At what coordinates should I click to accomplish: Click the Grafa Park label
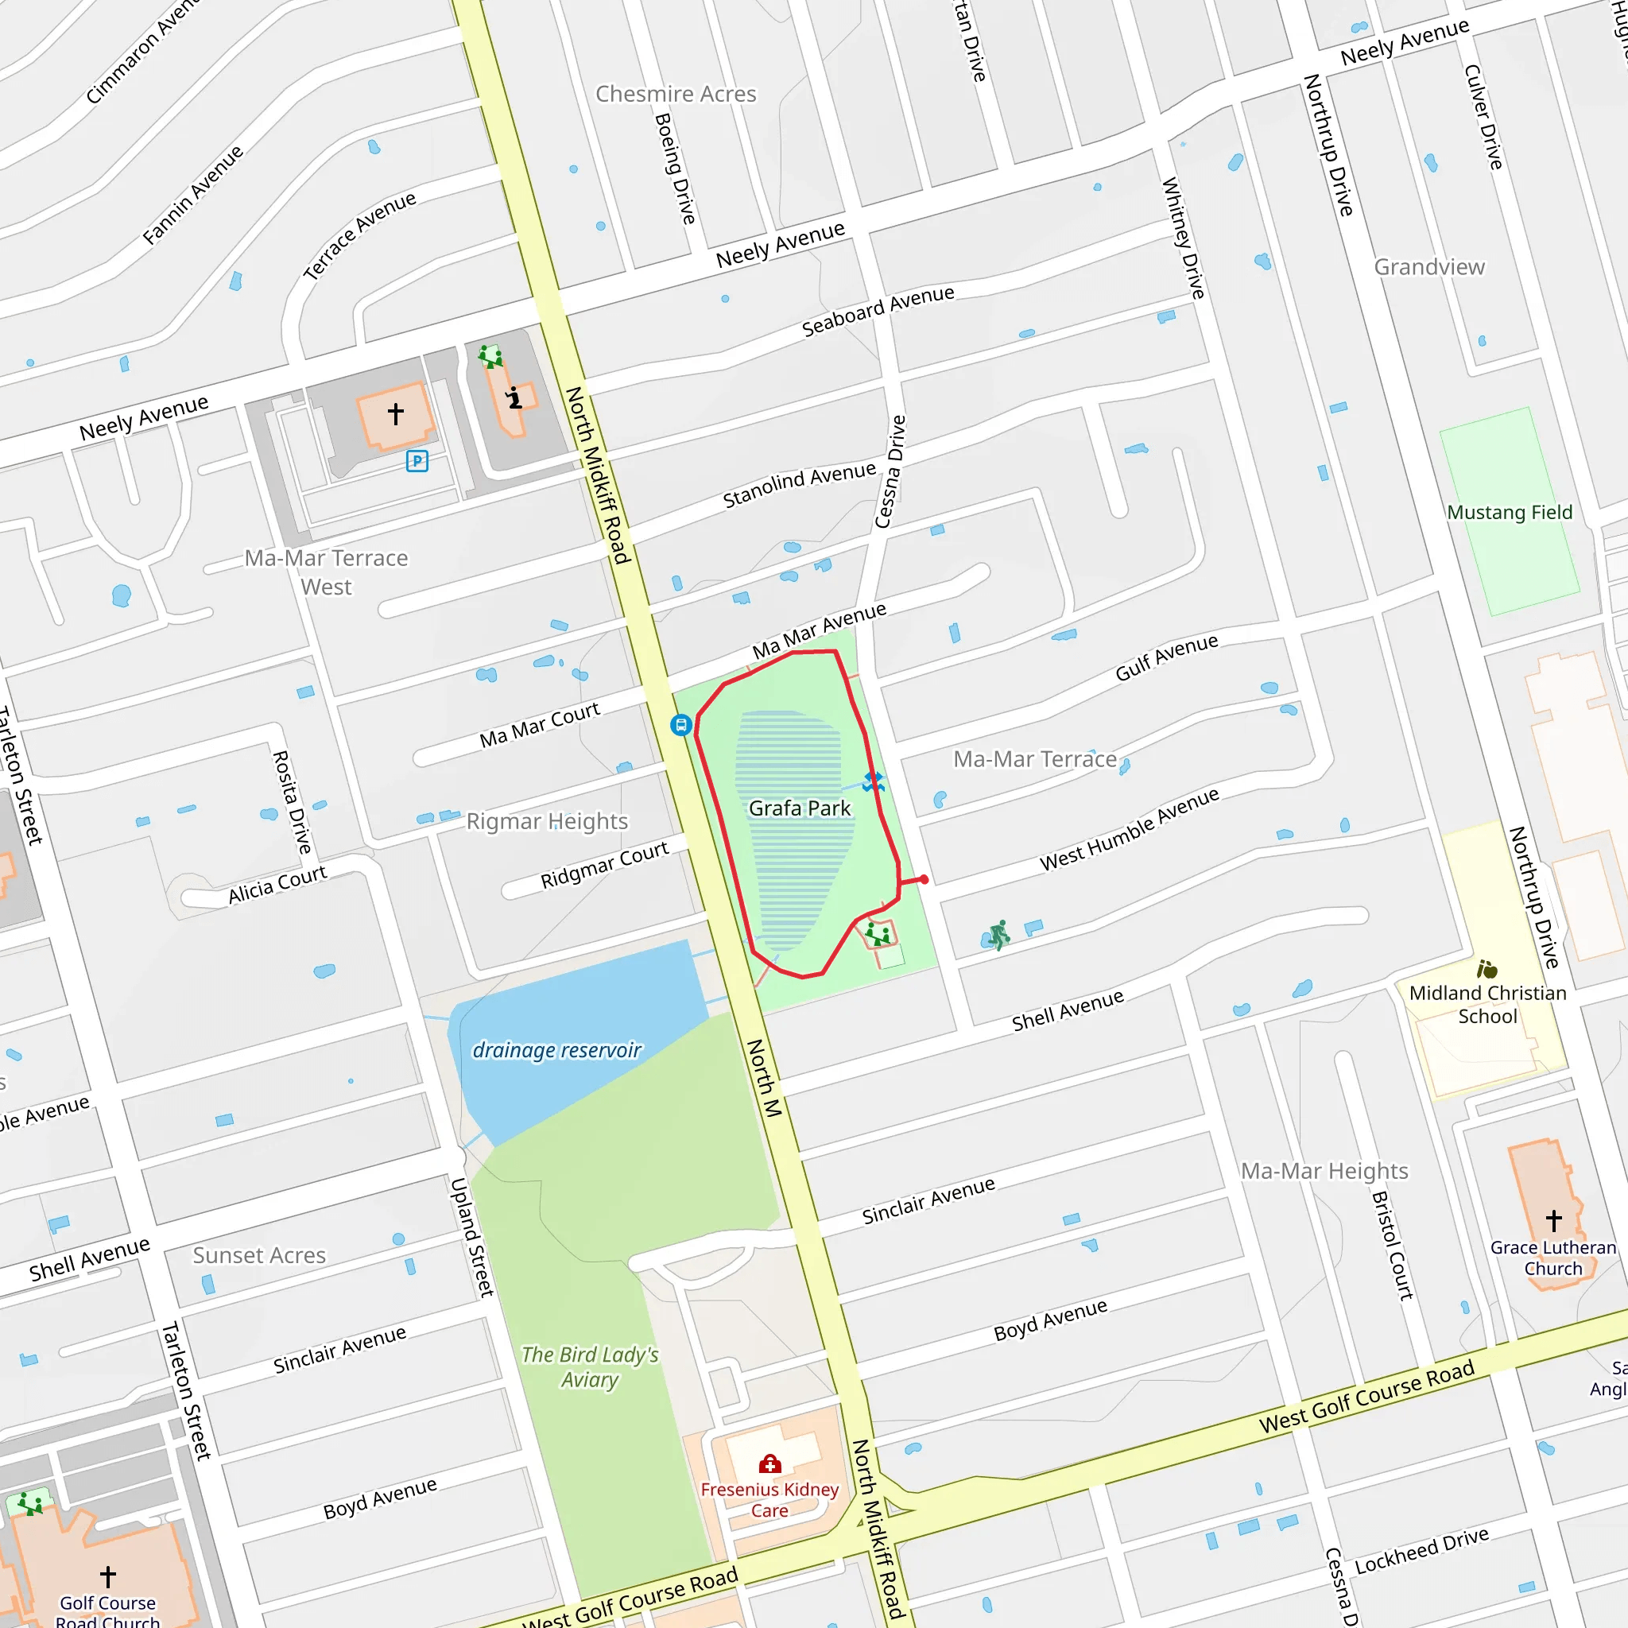[x=799, y=808]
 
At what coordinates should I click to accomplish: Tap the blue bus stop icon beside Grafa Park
[x=681, y=725]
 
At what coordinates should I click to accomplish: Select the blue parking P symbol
[x=417, y=461]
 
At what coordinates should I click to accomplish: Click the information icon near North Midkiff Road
[x=514, y=397]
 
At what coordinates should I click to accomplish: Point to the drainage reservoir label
[x=556, y=1050]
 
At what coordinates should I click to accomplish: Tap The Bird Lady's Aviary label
[x=589, y=1366]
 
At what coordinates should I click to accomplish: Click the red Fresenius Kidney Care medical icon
[x=769, y=1463]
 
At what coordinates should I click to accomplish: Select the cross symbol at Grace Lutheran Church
[x=1554, y=1219]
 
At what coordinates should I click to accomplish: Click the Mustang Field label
[x=1510, y=513]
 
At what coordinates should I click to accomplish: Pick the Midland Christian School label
[x=1487, y=1005]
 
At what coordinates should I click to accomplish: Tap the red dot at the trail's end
[x=924, y=879]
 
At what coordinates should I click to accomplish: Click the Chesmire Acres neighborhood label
[x=676, y=95]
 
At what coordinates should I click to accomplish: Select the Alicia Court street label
[x=277, y=885]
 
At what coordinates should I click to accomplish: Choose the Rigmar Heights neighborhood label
[x=547, y=820]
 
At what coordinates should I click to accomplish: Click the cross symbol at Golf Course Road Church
[x=108, y=1576]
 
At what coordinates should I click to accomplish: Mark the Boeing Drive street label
[x=675, y=169]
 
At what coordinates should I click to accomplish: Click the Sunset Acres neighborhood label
[x=258, y=1255]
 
